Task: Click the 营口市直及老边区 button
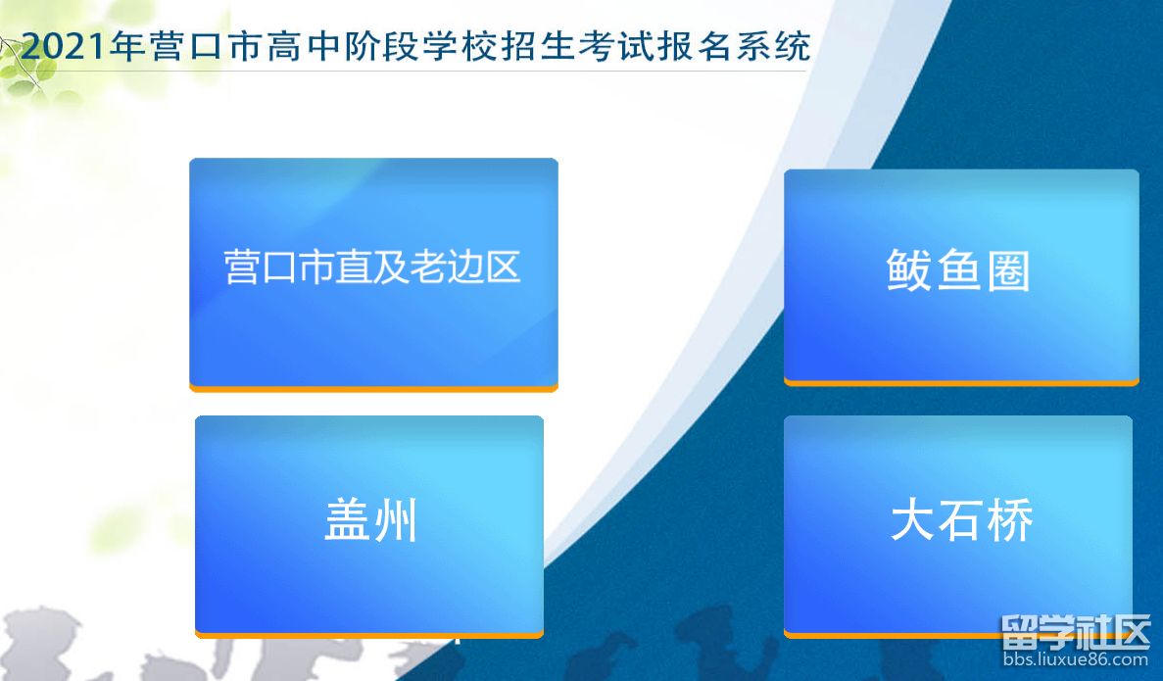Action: pyautogui.click(x=372, y=272)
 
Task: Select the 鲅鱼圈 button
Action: pyautogui.click(x=960, y=275)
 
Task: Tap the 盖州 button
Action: pyautogui.click(x=369, y=523)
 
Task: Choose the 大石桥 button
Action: pyautogui.click(x=958, y=523)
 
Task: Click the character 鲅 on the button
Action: pyautogui.click(x=909, y=270)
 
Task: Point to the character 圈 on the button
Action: pyautogui.click(x=1008, y=270)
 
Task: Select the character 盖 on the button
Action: pyautogui.click(x=347, y=520)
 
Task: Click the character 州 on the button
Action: pyautogui.click(x=396, y=520)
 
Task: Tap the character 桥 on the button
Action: pyautogui.click(x=1010, y=521)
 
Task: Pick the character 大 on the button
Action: pyautogui.click(x=911, y=521)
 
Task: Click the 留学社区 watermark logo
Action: pyautogui.click(x=1075, y=633)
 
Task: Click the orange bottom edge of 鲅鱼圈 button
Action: pyautogui.click(x=960, y=381)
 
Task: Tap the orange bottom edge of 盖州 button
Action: pyautogui.click(x=369, y=634)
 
